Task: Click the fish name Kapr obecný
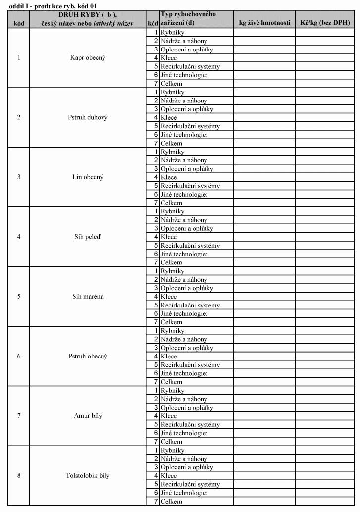click(88, 58)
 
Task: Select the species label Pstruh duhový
click(88, 117)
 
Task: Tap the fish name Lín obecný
click(88, 177)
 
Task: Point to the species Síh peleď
click(88, 237)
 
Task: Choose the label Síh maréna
click(88, 297)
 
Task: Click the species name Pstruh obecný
click(88, 357)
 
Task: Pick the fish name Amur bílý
click(88, 416)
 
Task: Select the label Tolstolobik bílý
click(88, 476)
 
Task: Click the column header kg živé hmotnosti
click(264, 23)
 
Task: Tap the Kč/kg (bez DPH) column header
click(325, 23)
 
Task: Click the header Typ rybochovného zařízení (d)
click(188, 18)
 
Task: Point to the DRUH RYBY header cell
click(88, 19)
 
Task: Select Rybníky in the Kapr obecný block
click(172, 32)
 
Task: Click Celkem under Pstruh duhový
click(171, 143)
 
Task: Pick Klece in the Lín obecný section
click(169, 177)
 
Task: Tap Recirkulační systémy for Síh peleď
click(190, 246)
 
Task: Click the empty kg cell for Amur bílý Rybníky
click(264, 391)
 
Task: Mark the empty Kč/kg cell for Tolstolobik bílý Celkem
click(325, 502)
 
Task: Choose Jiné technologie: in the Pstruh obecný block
click(184, 373)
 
